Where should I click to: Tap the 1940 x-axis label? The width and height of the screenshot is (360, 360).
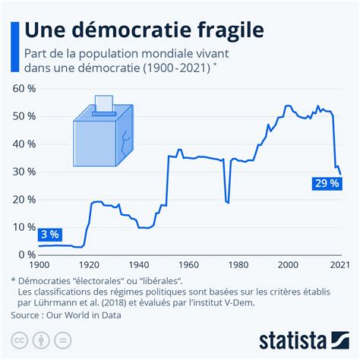click(x=138, y=265)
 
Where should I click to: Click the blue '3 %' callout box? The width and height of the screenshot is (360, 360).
click(x=49, y=234)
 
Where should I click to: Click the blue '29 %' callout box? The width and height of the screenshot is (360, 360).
click(x=326, y=183)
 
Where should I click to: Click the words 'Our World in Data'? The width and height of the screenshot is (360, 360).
click(x=106, y=314)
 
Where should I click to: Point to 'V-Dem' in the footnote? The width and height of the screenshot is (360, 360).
click(x=292, y=302)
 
